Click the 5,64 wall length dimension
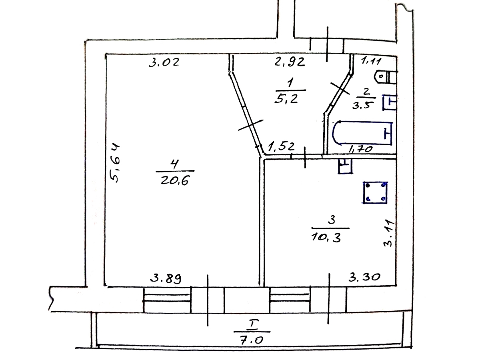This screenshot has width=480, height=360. [115, 163]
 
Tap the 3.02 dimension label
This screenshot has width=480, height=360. [164, 62]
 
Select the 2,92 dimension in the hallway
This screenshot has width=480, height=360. [290, 62]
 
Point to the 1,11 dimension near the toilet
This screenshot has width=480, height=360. [371, 60]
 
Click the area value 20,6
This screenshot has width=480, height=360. [175, 180]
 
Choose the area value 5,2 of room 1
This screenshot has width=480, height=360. [286, 99]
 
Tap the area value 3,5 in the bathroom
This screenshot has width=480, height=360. [362, 105]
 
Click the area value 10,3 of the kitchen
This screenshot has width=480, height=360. [326, 237]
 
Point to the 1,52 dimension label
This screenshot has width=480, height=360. [281, 146]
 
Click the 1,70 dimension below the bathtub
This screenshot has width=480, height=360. [360, 149]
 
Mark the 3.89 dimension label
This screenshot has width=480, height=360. [166, 278]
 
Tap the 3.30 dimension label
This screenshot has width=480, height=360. [364, 277]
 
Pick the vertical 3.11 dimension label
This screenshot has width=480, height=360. [389, 234]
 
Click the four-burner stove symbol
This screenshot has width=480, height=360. [376, 192]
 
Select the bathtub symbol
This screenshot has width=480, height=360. [362, 133]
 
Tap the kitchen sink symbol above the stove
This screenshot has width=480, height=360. [345, 166]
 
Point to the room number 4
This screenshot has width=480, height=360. [175, 164]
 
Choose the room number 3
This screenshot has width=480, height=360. [332, 220]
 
